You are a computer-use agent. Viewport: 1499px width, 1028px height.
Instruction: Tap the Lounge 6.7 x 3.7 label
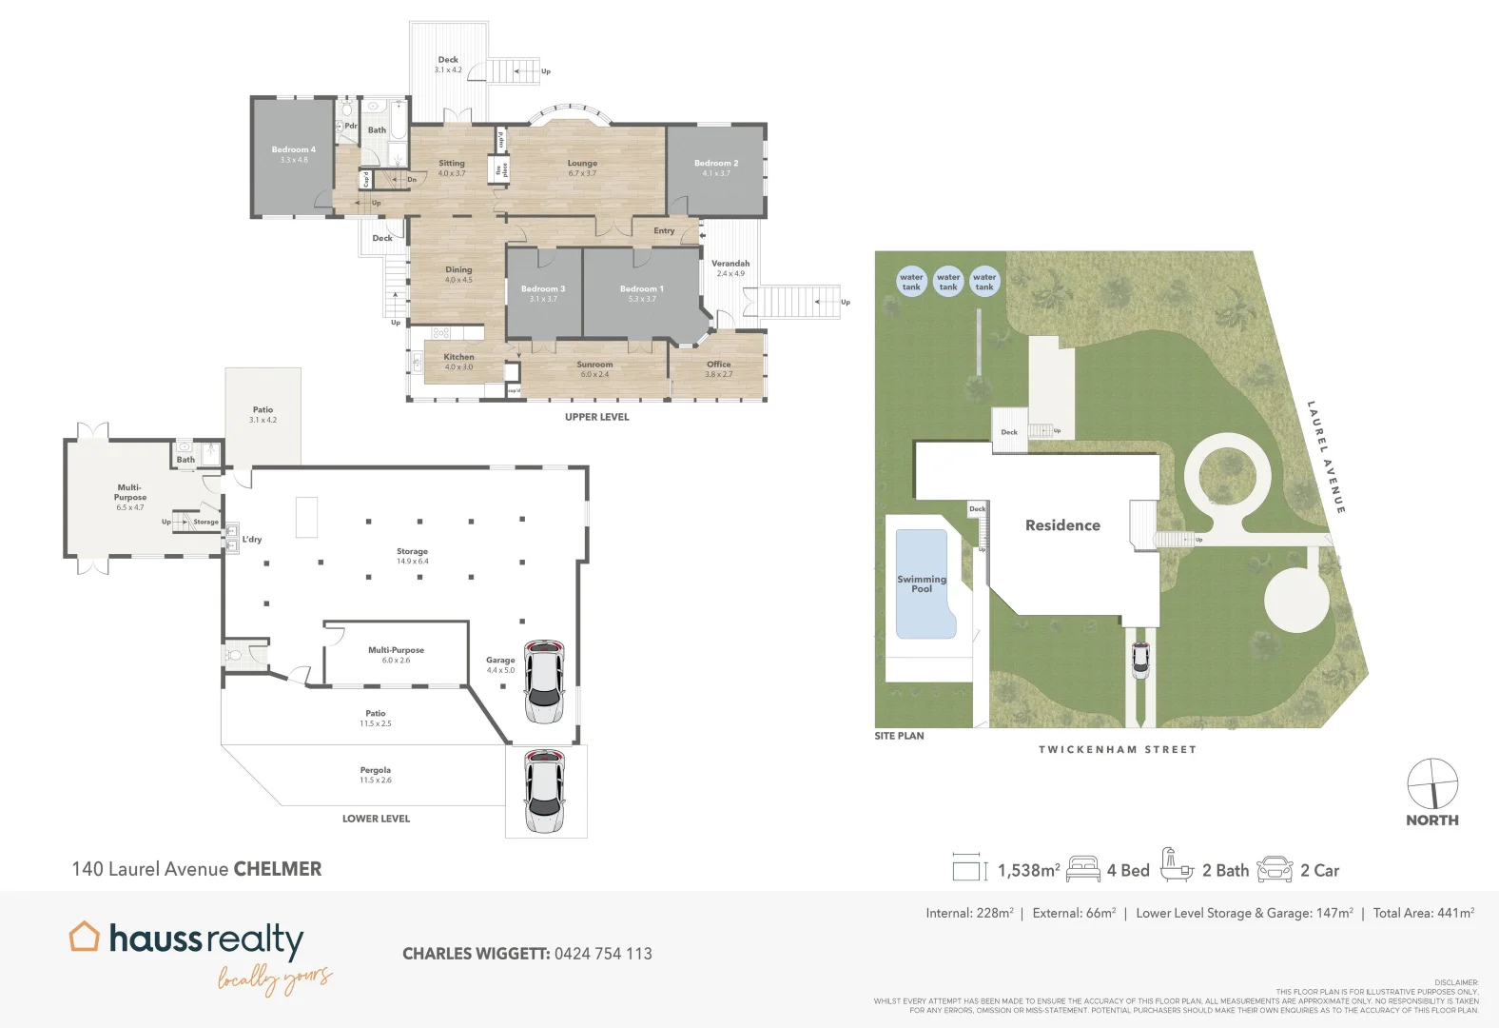point(582,168)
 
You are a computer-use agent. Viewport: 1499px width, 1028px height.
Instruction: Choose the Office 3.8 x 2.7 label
point(718,368)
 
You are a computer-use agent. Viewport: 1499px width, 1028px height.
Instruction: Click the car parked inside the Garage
point(544,682)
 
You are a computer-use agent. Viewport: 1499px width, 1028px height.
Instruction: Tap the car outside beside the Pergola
point(545,791)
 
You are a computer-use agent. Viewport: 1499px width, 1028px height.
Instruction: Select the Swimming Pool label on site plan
point(922,583)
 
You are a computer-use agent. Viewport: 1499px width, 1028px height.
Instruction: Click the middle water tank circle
point(948,282)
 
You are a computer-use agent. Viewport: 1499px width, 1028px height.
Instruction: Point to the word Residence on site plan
point(1062,525)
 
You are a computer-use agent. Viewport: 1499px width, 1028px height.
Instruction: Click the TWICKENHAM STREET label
point(1117,750)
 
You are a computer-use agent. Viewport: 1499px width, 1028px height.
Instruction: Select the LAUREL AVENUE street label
point(1325,457)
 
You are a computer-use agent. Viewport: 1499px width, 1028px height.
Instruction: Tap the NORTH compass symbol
point(1432,784)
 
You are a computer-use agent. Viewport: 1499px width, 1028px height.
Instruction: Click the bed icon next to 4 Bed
point(1083,869)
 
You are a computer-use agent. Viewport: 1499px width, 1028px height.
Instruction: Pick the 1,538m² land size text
point(1028,870)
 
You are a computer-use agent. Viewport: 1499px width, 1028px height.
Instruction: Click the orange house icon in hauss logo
point(85,937)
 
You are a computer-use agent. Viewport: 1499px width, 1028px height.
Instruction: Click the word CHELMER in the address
point(278,869)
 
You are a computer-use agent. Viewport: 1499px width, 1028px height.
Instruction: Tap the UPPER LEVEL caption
point(596,417)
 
